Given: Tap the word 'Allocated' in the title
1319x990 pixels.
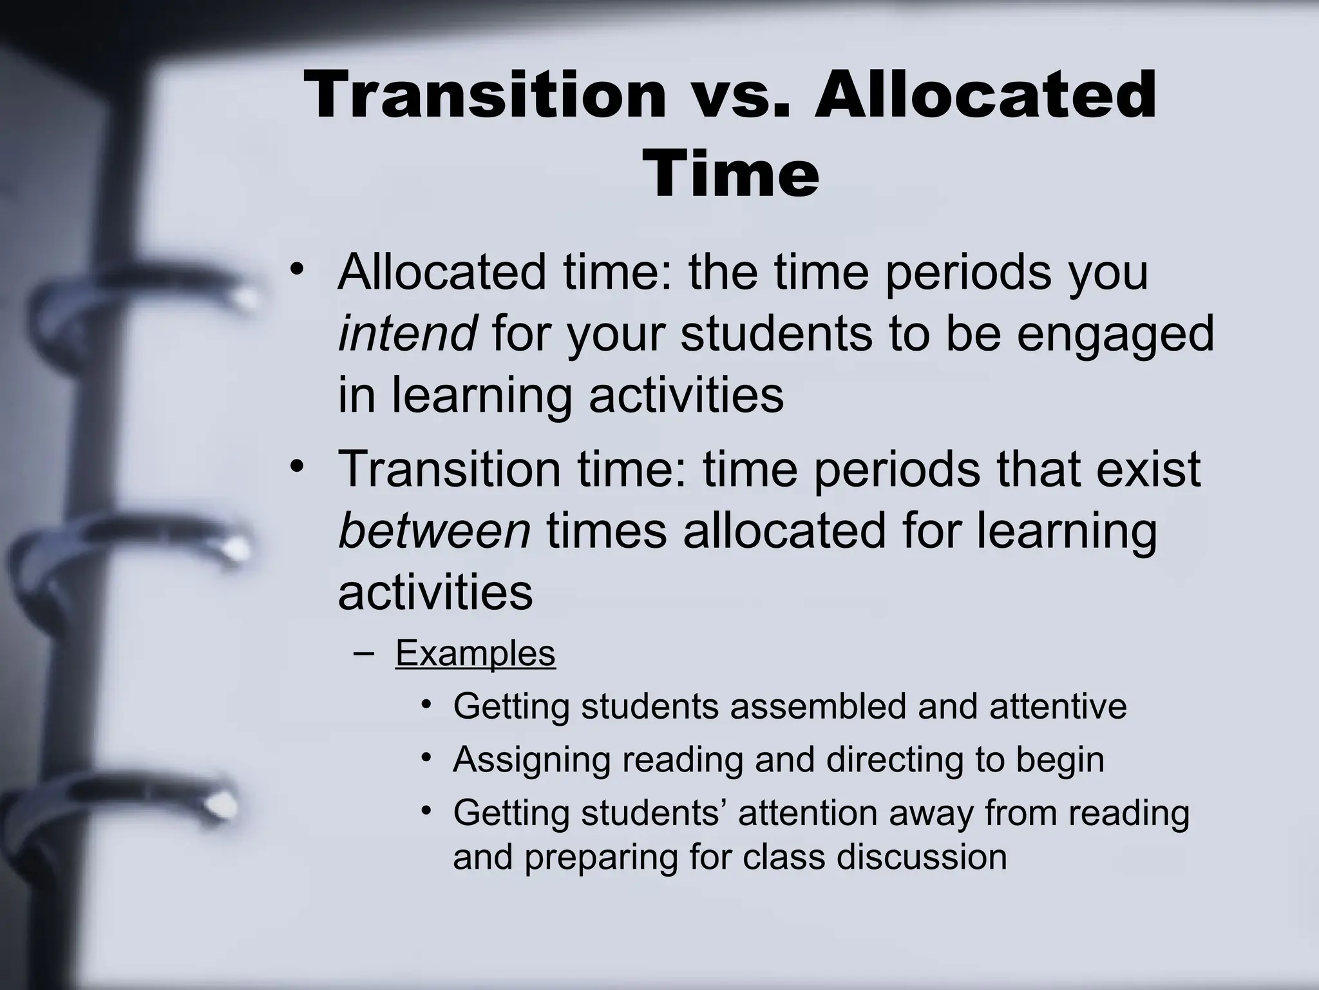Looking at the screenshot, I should click(x=985, y=95).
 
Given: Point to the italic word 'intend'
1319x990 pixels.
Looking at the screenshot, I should click(x=407, y=334).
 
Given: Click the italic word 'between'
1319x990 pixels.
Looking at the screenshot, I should click(x=435, y=531).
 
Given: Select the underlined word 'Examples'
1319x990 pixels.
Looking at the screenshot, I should click(x=475, y=653).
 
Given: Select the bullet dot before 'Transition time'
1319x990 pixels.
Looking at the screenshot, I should click(x=296, y=465).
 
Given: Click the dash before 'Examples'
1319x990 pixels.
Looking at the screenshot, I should click(x=364, y=653).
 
